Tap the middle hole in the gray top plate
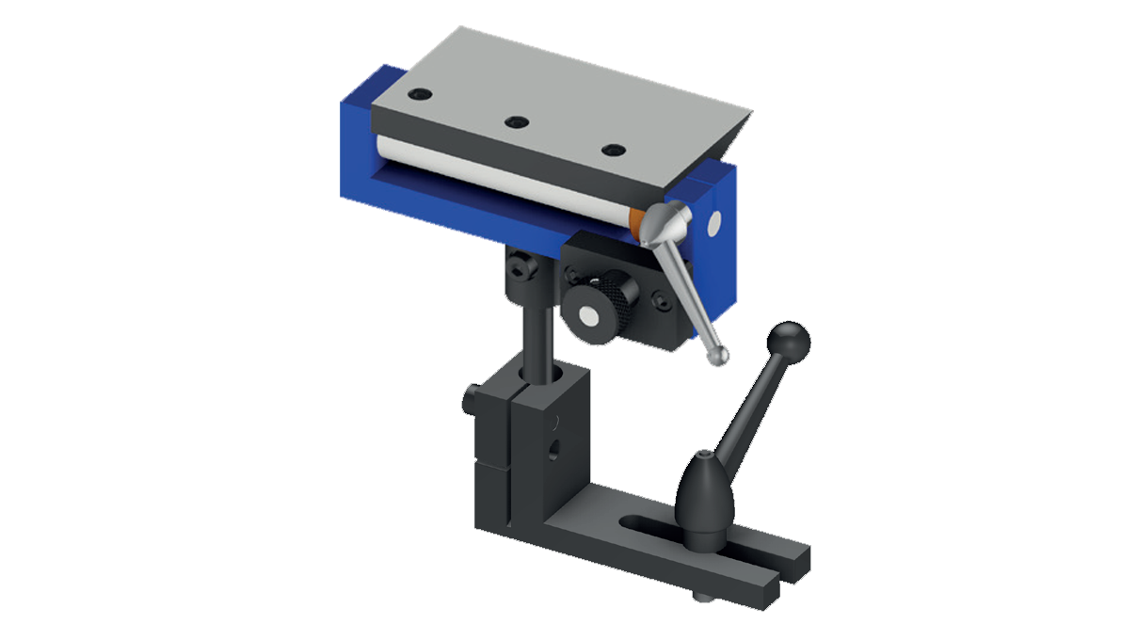[515, 121]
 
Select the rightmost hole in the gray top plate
[614, 151]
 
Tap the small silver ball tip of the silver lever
[720, 358]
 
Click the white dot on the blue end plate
[714, 223]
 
